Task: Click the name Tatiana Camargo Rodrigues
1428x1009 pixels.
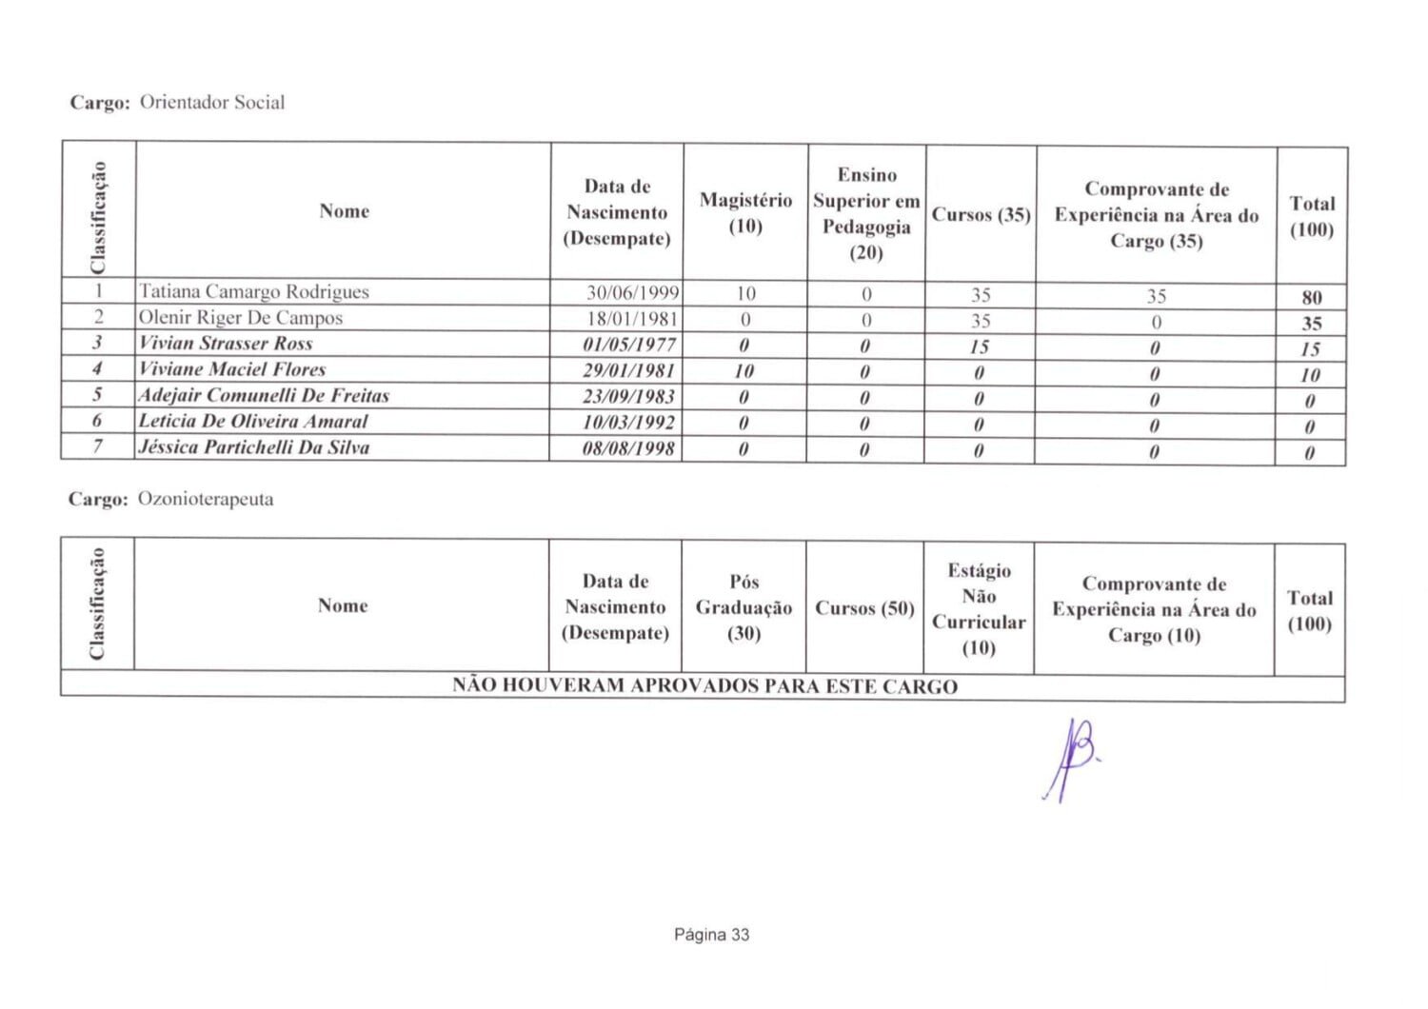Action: click(x=253, y=292)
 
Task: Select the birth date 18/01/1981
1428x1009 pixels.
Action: click(x=631, y=319)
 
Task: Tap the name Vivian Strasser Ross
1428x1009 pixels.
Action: click(x=226, y=344)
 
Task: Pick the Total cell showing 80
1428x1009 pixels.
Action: click(x=1311, y=297)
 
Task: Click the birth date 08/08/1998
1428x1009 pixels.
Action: click(x=628, y=448)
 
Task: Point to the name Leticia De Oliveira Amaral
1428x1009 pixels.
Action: click(x=253, y=422)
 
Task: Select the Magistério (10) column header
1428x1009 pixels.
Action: click(x=745, y=212)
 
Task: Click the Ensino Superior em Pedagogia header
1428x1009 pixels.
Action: click(x=866, y=213)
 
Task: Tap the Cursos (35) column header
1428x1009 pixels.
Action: click(x=981, y=215)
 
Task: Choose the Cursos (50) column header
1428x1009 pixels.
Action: click(x=864, y=608)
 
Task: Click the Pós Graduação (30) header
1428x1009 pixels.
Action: click(x=744, y=606)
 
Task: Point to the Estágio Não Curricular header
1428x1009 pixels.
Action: click(x=979, y=608)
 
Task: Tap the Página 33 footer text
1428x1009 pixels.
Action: click(x=711, y=935)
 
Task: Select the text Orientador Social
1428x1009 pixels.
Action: click(x=212, y=103)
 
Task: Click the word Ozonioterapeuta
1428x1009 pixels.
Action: click(x=206, y=499)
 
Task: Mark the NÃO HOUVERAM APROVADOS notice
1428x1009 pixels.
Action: click(x=704, y=686)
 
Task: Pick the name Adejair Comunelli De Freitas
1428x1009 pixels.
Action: click(x=264, y=396)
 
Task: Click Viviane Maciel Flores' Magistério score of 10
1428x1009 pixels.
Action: click(x=744, y=371)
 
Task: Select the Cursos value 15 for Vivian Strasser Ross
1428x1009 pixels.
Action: click(x=980, y=347)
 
